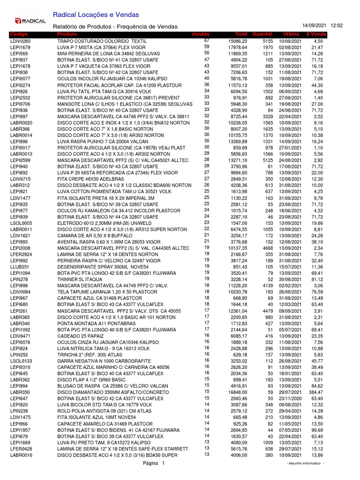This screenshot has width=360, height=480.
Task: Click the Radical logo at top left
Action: (x=30, y=21)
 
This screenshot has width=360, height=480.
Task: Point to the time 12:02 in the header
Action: (x=337, y=25)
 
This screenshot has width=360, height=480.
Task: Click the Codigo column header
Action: (x=19, y=35)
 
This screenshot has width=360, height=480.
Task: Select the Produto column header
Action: (x=67, y=35)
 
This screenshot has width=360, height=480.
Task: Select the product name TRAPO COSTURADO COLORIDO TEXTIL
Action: (x=102, y=42)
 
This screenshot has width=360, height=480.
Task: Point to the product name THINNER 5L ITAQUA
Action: (x=79, y=279)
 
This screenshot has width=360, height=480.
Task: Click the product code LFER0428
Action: (x=21, y=449)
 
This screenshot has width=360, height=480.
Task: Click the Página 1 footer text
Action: (x=154, y=464)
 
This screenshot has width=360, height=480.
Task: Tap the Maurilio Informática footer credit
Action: (x=305, y=464)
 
